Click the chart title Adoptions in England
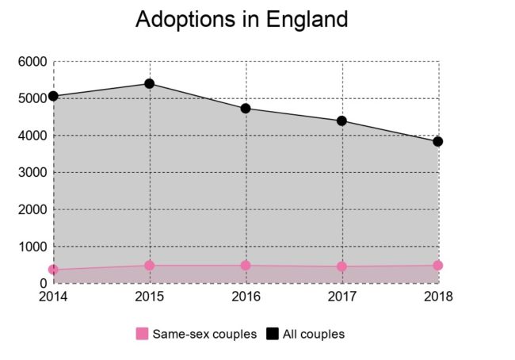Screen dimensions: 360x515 pos(242,20)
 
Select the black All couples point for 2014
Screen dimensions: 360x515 pos(53,96)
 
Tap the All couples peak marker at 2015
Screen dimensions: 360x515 pos(149,83)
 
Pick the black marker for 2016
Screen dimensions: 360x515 pos(246,108)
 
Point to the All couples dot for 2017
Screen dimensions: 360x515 pos(341,121)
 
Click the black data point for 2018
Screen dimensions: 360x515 pos(437,141)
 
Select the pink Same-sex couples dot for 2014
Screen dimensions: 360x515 pos(53,270)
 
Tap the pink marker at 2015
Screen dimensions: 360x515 pos(149,266)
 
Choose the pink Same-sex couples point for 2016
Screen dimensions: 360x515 pos(246,266)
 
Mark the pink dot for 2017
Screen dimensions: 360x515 pos(341,266)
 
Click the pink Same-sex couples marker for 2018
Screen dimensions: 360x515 pos(437,266)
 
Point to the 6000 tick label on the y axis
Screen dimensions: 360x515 pos(32,62)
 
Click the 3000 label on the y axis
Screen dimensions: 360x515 pos(32,173)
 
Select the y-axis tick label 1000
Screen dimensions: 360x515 pos(32,247)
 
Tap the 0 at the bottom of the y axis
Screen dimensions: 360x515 pos(43,283)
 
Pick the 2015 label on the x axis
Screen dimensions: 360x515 pos(149,296)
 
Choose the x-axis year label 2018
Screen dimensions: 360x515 pos(438,296)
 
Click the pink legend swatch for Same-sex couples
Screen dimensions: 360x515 pos(142,334)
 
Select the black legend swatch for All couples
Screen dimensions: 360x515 pos(273,334)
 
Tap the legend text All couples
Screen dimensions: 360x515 pos(314,334)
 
